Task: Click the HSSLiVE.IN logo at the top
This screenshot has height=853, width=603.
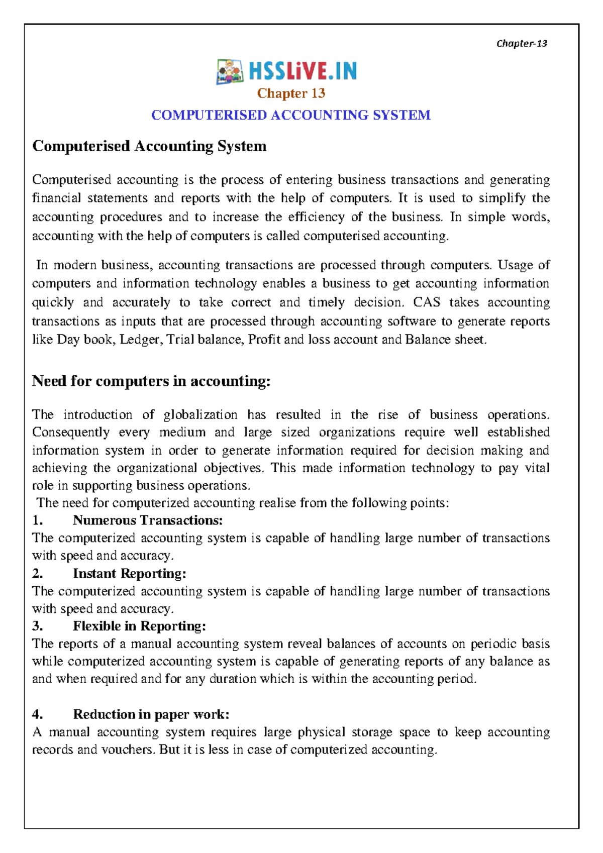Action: (x=287, y=72)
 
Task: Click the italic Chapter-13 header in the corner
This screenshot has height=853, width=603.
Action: (x=522, y=43)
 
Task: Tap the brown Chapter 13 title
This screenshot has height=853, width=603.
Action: (x=291, y=93)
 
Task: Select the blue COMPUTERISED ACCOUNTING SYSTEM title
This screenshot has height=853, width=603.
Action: (x=291, y=115)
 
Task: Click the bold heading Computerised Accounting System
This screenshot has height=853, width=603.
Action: (x=149, y=146)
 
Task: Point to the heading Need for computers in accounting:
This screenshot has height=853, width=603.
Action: (x=151, y=381)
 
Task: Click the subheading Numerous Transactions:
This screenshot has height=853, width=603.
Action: (x=148, y=520)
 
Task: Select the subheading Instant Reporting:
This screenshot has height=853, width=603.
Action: (x=130, y=574)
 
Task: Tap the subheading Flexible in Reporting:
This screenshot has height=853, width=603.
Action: (x=139, y=626)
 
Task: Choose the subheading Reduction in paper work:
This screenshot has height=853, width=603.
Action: (x=151, y=714)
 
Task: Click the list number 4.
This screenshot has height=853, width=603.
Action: (x=37, y=714)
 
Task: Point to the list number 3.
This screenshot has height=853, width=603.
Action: (x=37, y=626)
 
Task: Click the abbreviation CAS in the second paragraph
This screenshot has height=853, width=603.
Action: (x=427, y=302)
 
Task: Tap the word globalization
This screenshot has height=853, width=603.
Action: (x=200, y=415)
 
